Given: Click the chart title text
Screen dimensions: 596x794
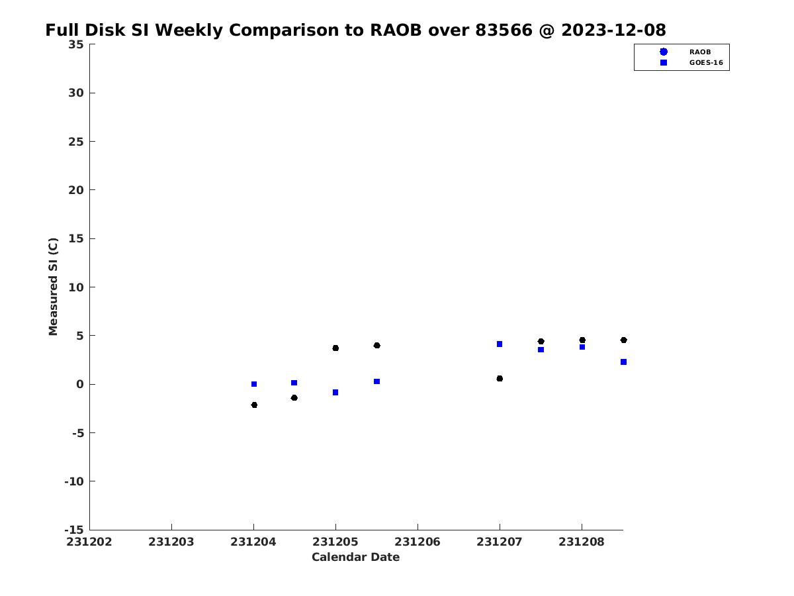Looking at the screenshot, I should [355, 30].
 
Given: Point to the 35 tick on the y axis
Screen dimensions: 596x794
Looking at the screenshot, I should [75, 44].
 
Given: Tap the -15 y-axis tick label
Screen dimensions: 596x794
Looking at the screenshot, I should [74, 530].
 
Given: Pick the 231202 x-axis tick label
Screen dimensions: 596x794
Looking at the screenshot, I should [89, 542].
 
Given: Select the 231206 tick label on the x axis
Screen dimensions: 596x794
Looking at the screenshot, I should [418, 542].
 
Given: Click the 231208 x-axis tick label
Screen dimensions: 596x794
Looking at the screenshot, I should [582, 542].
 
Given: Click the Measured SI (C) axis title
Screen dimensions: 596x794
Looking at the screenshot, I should [54, 287].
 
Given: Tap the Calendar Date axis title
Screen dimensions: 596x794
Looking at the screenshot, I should [355, 558].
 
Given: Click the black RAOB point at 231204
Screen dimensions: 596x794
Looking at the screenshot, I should [254, 405].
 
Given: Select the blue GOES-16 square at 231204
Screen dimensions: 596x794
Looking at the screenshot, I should [254, 384].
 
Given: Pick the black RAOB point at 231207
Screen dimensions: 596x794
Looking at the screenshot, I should [500, 378].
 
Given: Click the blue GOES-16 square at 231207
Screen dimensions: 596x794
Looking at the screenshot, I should [500, 344].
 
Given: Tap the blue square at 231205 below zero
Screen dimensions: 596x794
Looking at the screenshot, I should [335, 393].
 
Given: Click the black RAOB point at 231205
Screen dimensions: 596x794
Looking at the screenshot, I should [335, 348].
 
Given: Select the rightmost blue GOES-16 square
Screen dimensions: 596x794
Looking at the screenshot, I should [623, 362].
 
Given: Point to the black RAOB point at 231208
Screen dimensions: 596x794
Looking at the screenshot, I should [582, 340].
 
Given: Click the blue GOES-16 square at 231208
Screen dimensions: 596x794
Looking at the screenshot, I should [582, 347].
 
